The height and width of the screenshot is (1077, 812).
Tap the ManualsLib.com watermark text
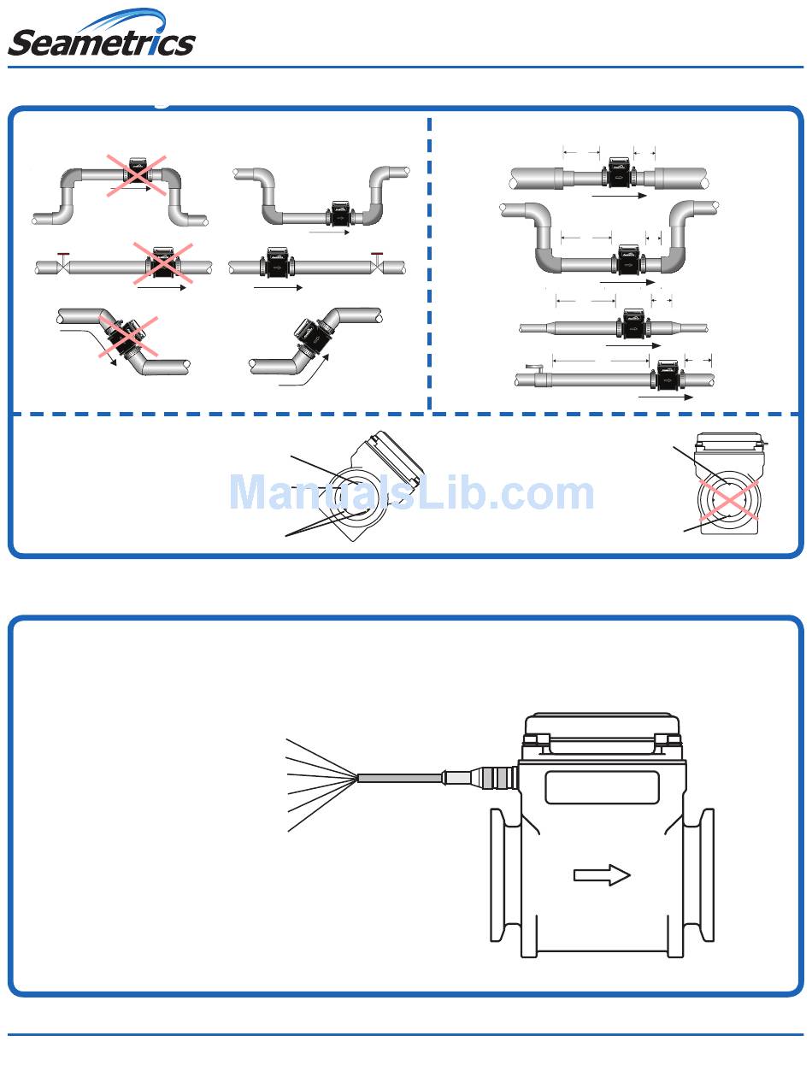pyautogui.click(x=411, y=493)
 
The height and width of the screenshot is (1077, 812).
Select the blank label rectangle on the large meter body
pyautogui.click(x=602, y=787)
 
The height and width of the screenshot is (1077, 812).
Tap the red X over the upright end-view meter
pyautogui.click(x=728, y=501)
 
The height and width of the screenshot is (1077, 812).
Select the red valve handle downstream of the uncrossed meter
pyautogui.click(x=376, y=255)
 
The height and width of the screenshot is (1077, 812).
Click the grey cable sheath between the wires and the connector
pyautogui.click(x=398, y=778)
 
